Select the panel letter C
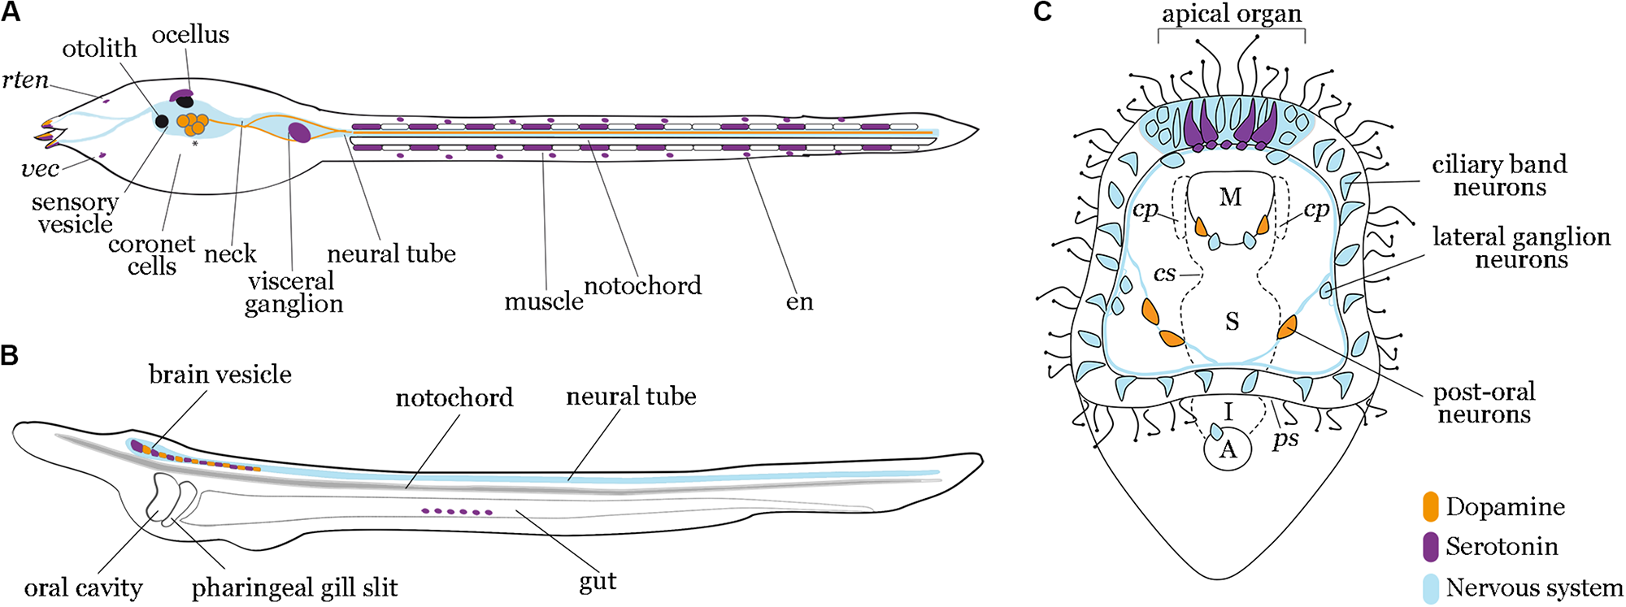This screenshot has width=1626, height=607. (1042, 11)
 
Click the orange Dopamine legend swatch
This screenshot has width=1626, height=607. (1431, 506)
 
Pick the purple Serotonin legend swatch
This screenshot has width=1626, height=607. (1431, 546)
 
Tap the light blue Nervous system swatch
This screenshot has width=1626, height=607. (1431, 587)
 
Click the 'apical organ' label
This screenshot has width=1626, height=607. (1231, 14)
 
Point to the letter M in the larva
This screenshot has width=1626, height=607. (1231, 197)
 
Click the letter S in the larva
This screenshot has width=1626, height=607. (1233, 322)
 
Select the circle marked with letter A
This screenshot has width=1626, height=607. (1228, 449)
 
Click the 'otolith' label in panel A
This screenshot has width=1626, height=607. (99, 49)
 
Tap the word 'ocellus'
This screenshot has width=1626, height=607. (190, 35)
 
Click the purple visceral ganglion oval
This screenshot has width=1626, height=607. (299, 132)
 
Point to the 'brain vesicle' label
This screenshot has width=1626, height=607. (220, 375)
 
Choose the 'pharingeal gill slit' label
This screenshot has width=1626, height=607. (294, 587)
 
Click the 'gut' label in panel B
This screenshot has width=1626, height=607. (598, 581)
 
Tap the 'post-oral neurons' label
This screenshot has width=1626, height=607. (1484, 403)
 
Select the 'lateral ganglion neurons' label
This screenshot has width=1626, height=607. (1520, 248)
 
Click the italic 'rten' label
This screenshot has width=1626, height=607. (25, 80)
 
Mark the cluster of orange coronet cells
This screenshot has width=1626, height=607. (193, 124)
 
